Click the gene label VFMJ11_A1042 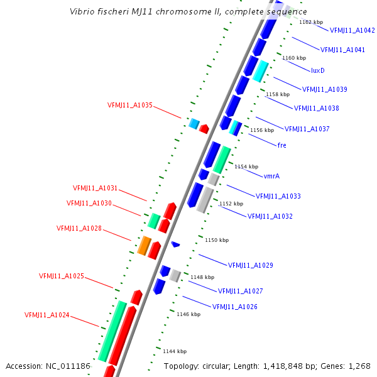(x=352, y=30)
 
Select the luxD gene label (x=318, y=70)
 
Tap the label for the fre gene (x=281, y=145)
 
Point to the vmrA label (x=271, y=176)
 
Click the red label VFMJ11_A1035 (x=130, y=106)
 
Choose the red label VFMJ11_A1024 (x=47, y=315)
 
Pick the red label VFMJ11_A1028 (x=79, y=229)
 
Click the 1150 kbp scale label (x=217, y=240)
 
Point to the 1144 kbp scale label (x=174, y=351)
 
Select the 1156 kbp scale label (x=262, y=130)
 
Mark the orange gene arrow (x=144, y=246)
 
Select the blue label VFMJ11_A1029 (x=250, y=265)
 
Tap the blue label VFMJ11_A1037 (x=307, y=129)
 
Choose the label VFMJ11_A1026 (x=235, y=307)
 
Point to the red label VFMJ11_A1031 (x=96, y=188)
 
